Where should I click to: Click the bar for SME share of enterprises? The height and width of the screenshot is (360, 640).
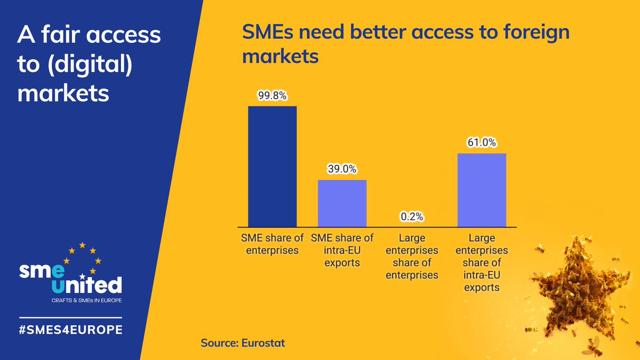point(273,166)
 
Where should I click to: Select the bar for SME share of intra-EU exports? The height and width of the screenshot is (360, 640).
point(342,203)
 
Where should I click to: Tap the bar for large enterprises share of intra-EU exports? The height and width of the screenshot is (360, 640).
point(482,189)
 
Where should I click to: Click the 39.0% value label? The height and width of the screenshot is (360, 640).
point(342,170)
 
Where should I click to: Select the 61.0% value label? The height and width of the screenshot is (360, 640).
point(482,143)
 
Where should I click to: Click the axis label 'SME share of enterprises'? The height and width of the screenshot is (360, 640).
point(273,243)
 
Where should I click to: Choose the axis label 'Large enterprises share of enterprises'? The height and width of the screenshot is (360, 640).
point(412,256)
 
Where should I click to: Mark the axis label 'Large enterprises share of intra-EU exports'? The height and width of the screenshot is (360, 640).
point(482,262)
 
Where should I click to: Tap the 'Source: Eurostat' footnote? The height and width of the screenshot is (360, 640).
point(243,342)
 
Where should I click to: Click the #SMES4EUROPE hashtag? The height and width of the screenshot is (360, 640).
point(70,329)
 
